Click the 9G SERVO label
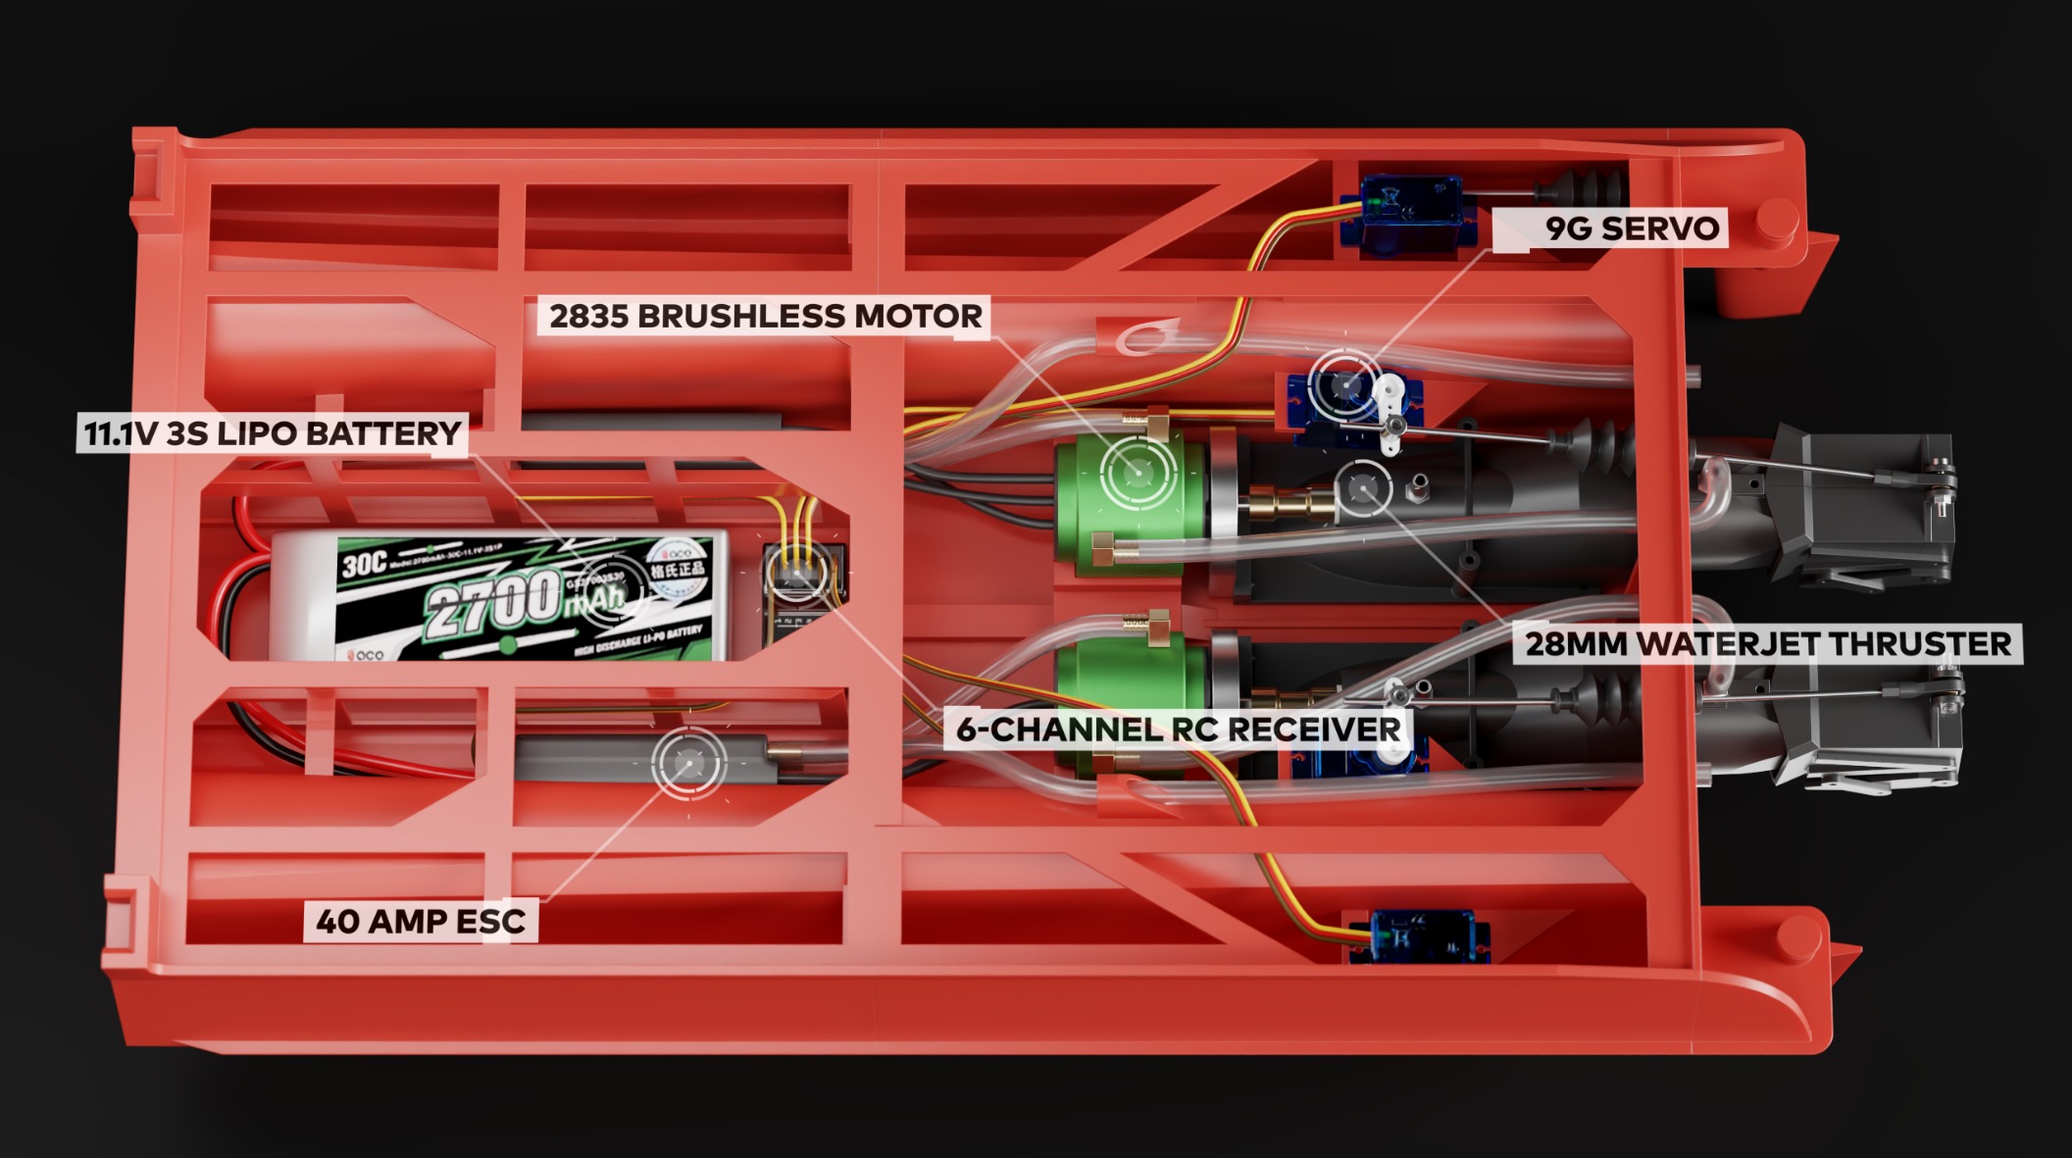click(1632, 228)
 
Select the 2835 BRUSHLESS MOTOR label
click(765, 317)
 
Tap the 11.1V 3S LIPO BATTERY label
click(272, 433)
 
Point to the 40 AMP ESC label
click(421, 922)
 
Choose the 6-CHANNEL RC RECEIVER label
click(1178, 730)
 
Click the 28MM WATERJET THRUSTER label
click(1767, 644)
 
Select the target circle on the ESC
click(689, 763)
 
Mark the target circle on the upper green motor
click(1137, 472)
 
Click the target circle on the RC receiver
click(796, 572)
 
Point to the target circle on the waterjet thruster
click(1363, 487)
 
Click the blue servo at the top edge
click(1409, 214)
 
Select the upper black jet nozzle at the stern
click(1863, 510)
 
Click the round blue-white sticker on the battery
click(677, 569)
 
